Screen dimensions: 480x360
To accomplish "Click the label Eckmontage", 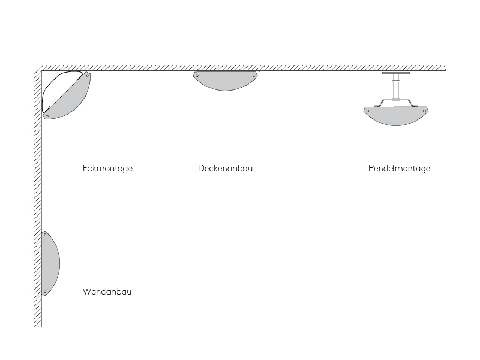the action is [x=108, y=169].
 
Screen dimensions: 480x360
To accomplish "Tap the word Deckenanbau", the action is [x=225, y=169].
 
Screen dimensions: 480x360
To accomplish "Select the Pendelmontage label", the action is [x=399, y=169].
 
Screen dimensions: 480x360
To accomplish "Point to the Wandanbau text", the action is [x=107, y=291].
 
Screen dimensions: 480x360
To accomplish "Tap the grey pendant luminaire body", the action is [x=396, y=116].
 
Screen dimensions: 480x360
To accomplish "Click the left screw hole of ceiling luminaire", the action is [x=197, y=76].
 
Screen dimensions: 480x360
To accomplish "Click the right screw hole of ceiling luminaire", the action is [x=254, y=76].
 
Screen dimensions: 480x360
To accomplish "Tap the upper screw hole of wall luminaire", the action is [x=45, y=235].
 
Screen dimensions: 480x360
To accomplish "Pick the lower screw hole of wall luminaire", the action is [x=45, y=292].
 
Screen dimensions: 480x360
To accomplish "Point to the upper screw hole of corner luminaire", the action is [x=87, y=76].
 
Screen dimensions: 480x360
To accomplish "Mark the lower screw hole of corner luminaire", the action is [x=47, y=116].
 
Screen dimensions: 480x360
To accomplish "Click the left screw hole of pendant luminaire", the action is [x=368, y=111].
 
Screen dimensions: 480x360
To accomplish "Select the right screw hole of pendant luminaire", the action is [x=424, y=111].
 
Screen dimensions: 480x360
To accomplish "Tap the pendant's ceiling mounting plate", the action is [x=396, y=73].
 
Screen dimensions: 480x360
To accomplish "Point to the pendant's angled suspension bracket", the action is [x=396, y=103].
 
